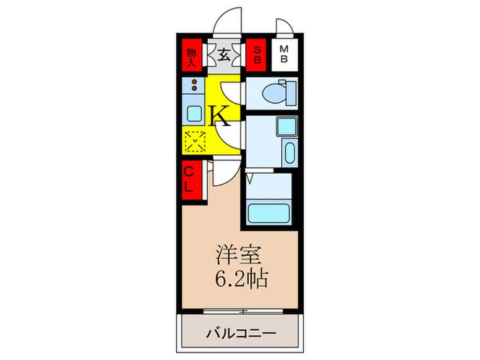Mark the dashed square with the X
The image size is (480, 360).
coord(194,141)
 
